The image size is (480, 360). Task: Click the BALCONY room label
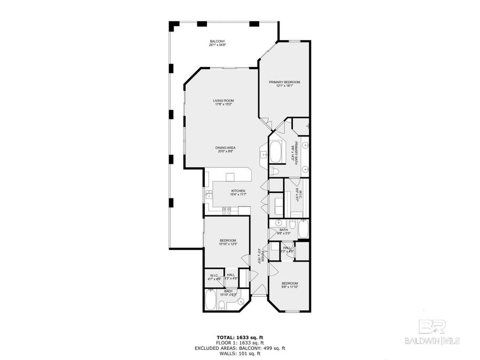217,43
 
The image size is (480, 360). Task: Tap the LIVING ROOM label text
224,102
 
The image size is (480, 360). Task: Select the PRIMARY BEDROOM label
284,84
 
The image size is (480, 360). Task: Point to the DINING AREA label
226,149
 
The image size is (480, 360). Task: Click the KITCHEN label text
238,193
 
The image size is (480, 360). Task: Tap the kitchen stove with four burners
227,210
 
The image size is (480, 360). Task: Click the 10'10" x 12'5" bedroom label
228,242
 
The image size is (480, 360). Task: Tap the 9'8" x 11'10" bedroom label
290,285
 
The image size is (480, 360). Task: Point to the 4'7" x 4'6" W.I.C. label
213,276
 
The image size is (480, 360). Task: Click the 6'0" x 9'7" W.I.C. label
300,196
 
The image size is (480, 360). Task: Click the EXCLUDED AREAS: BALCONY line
240,348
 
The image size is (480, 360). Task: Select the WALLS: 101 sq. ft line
240,353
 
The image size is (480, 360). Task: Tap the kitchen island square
230,177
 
